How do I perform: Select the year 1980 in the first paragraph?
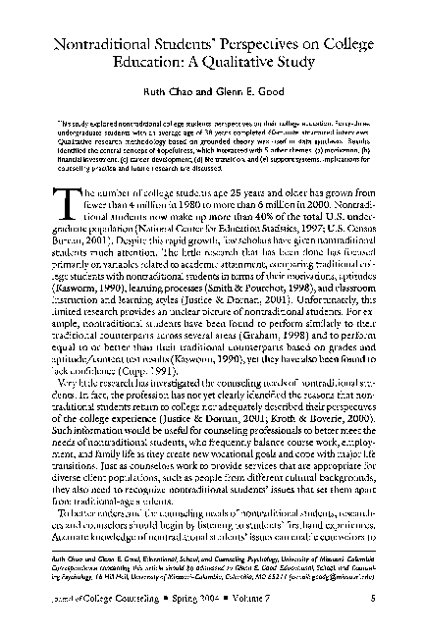click(186, 206)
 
